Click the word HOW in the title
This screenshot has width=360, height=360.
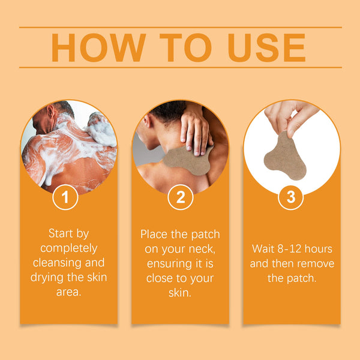99,47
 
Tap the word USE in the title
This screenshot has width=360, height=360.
266,47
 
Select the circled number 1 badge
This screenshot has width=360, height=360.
65,197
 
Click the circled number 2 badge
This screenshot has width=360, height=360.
181,197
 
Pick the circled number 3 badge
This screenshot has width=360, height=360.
291,197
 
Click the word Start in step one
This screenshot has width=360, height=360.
61,233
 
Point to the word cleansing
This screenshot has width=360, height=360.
57,263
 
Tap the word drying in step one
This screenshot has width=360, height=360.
47,278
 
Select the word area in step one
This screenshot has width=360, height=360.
68,292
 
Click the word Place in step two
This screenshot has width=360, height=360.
154,234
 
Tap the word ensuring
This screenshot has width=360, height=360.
169,264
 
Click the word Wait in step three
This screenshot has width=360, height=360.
263,249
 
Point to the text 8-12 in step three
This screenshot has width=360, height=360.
289,249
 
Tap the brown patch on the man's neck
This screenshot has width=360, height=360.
188,160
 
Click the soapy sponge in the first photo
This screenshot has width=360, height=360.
101,129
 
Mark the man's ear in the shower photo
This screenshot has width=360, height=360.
51,113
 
